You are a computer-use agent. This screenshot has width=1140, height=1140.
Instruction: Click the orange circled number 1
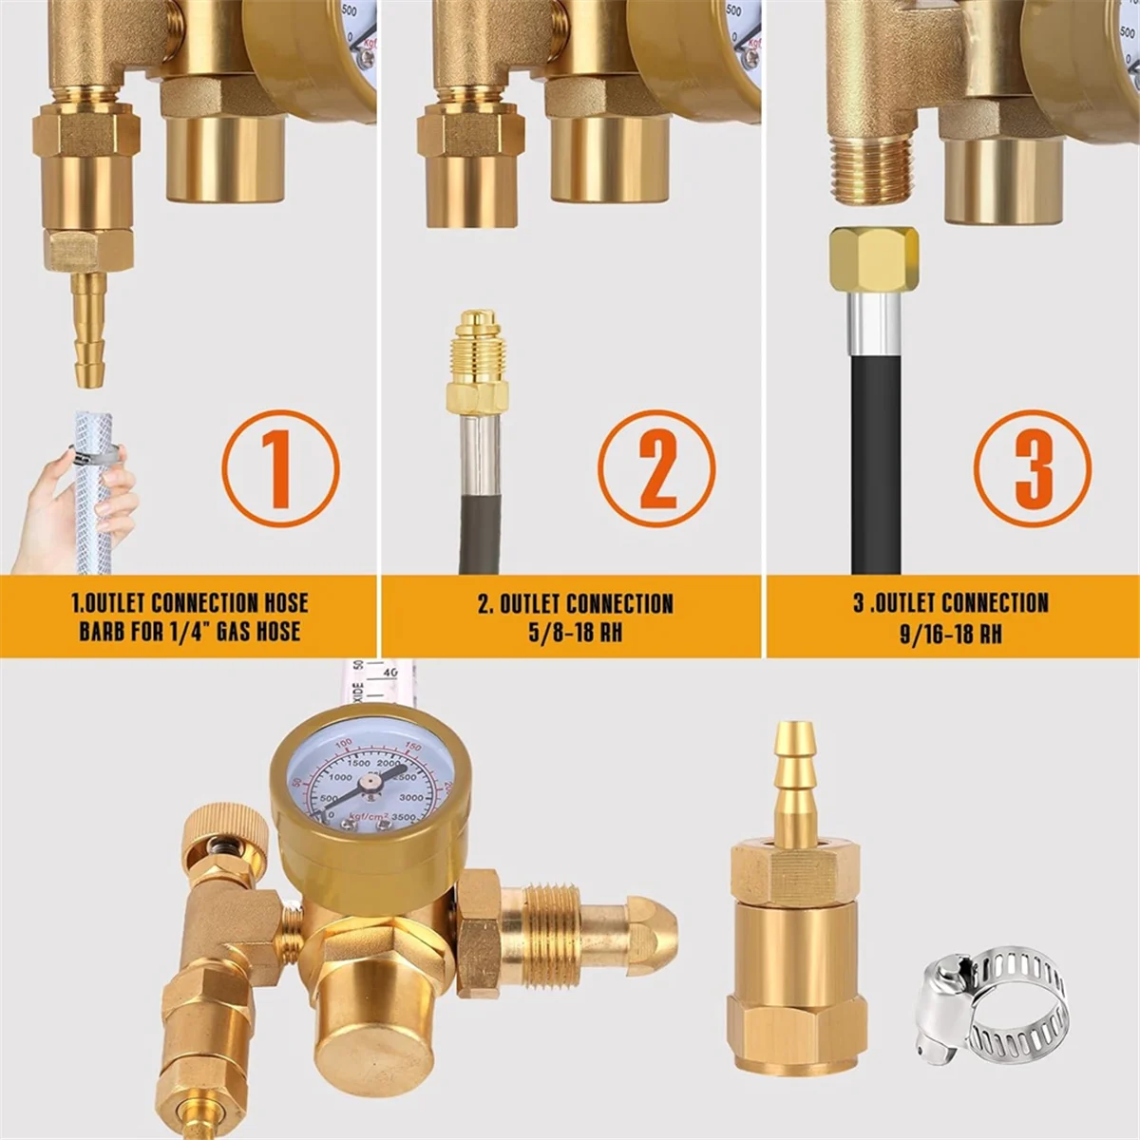tap(280, 468)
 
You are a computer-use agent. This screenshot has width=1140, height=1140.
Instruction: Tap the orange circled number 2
tap(656, 468)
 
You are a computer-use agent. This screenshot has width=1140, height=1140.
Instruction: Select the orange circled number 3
tap(1033, 468)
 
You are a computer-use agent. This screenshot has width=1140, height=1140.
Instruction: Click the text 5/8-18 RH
tap(575, 632)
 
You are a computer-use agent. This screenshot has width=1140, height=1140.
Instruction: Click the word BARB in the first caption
tap(101, 632)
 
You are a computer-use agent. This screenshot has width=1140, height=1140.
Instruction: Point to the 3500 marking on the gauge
tap(403, 817)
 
